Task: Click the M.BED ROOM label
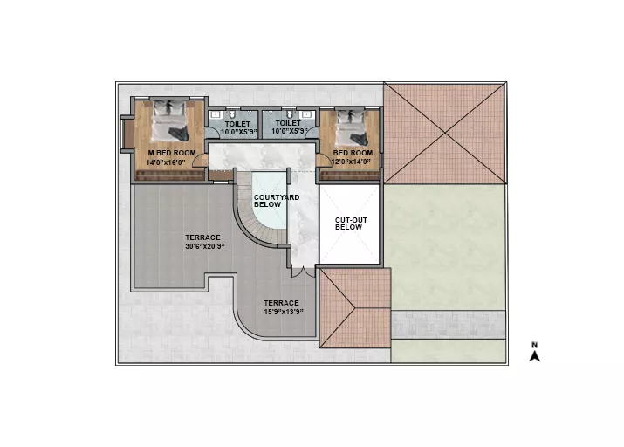172,153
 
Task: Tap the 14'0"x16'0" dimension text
166,162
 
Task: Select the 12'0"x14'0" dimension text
351,162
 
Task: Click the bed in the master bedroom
169,120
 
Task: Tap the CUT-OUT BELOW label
351,223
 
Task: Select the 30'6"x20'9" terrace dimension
204,242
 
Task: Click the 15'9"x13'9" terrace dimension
284,307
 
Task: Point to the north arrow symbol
535,356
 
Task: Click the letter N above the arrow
534,345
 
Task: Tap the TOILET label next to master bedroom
237,124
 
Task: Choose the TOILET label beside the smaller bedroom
288,123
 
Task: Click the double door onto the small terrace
304,272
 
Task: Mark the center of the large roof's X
445,134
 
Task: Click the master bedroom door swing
200,160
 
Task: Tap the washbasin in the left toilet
216,115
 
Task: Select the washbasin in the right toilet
307,114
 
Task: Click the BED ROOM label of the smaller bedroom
353,153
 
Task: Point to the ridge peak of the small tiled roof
354,307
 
